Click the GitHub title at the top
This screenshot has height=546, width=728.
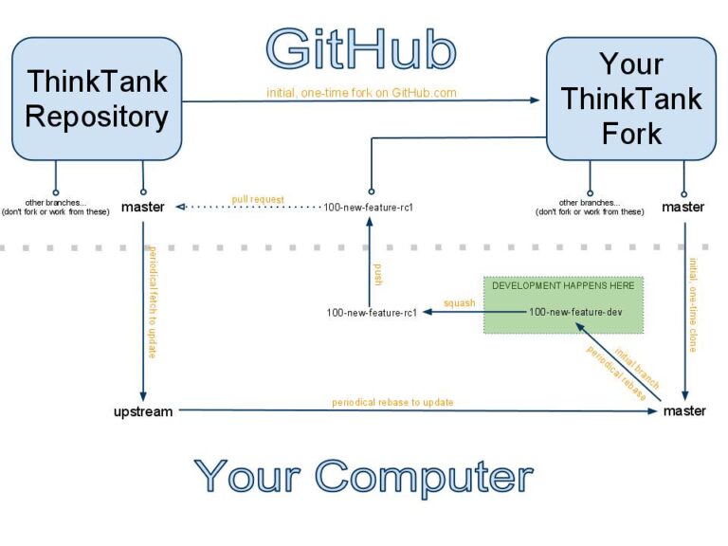pos(360,48)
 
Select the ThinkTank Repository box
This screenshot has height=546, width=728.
pos(96,99)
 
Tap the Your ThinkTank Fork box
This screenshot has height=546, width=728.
pos(630,99)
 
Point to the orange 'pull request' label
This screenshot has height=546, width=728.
pos(258,200)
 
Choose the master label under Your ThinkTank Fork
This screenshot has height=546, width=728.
pos(682,207)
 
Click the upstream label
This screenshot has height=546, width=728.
pos(143,411)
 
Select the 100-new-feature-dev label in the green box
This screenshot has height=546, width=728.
pos(575,311)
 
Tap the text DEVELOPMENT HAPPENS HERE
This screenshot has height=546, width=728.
pos(564,285)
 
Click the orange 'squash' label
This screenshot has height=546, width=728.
pos(459,303)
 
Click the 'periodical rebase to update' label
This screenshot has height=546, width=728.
pos(392,403)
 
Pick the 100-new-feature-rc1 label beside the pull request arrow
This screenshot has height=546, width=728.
pos(370,207)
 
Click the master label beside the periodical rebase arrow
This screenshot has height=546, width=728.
pos(683,411)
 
